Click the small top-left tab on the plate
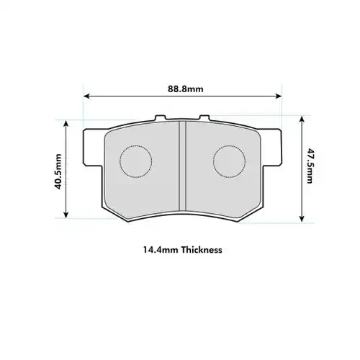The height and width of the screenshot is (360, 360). [x=160, y=117]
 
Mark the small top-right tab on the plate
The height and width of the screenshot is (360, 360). [x=204, y=117]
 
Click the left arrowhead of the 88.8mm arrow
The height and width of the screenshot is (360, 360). [x=87, y=96]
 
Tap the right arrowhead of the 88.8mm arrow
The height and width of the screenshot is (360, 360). [x=278, y=96]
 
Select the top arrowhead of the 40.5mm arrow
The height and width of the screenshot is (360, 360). [x=67, y=123]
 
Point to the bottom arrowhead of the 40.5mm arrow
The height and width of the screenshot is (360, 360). [x=67, y=214]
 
